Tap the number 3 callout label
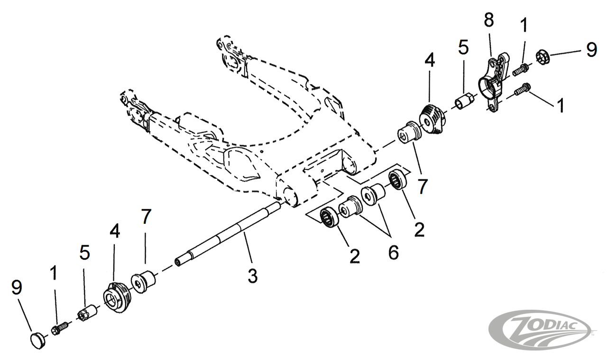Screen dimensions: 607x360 [253, 276]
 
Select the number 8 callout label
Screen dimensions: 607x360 [489, 20]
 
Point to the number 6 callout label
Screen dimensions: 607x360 [394, 252]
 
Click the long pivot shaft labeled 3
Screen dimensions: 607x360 [228, 233]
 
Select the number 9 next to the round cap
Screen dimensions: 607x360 [17, 287]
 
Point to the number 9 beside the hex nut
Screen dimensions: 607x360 [591, 50]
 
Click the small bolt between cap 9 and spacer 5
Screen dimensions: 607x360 [59, 328]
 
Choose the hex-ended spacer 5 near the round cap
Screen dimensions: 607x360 [88, 314]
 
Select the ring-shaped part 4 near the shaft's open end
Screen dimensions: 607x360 [117, 297]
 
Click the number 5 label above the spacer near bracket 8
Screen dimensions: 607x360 [464, 47]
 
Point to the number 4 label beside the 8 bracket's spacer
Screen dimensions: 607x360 [430, 60]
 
